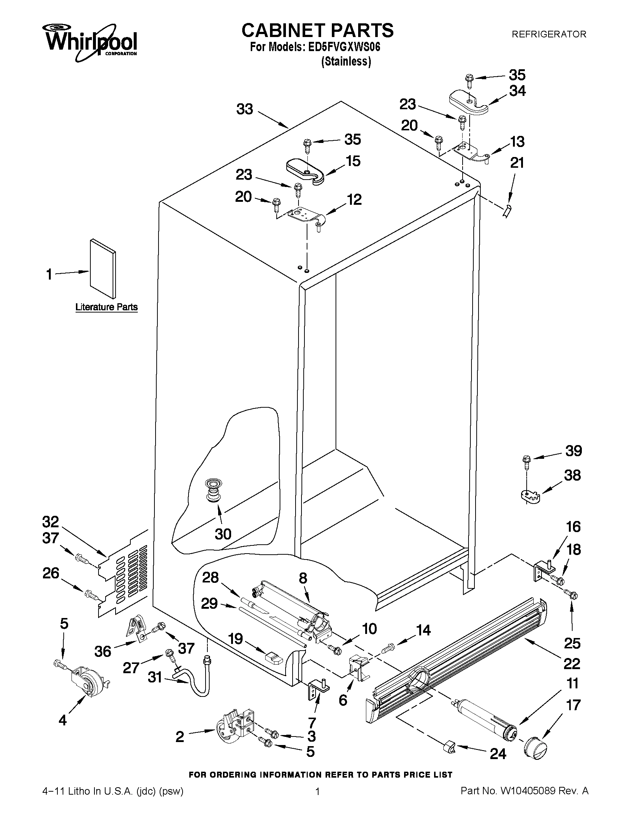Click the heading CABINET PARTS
[x=317, y=30]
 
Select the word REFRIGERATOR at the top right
[x=548, y=34]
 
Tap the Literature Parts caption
[x=106, y=307]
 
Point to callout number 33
[x=245, y=109]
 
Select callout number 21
[x=517, y=163]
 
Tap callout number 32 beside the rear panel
[x=50, y=521]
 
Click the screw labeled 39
[x=527, y=461]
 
